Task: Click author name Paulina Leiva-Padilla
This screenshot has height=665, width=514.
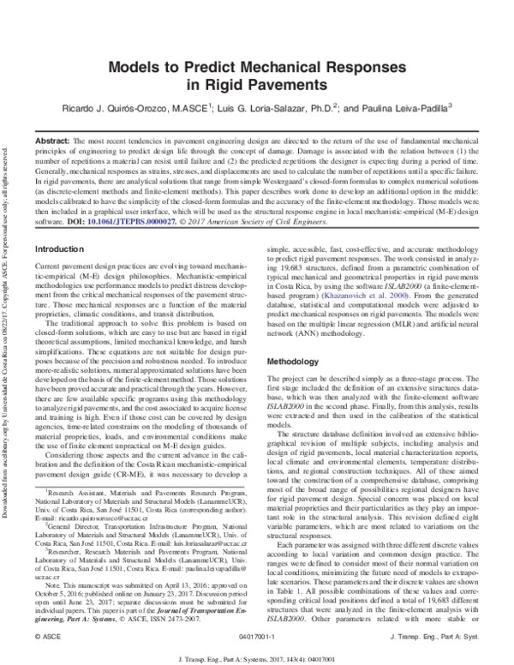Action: tap(411, 109)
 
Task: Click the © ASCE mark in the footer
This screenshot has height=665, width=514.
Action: tap(45, 638)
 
